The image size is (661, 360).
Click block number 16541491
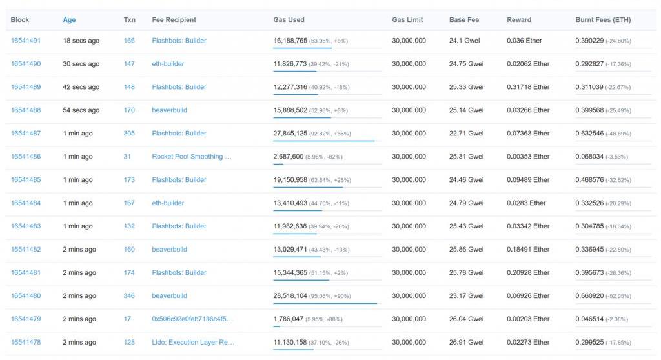pyautogui.click(x=26, y=41)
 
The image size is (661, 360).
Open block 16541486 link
pyautogui.click(x=26, y=157)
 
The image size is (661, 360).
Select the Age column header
pyautogui.click(x=69, y=20)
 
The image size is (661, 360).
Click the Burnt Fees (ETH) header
pyautogui.click(x=603, y=20)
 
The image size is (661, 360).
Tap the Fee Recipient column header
pyautogui.click(x=174, y=20)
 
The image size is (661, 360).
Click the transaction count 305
pyautogui.click(x=129, y=134)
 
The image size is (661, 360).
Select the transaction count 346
pyautogui.click(x=129, y=296)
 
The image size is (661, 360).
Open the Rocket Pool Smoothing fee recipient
pyautogui.click(x=192, y=157)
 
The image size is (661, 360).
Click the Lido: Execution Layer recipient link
pyautogui.click(x=193, y=343)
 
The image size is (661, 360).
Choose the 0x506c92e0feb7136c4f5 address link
pyautogui.click(x=192, y=319)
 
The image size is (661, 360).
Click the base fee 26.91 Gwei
pyautogui.click(x=466, y=343)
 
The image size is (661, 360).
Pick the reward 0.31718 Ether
pyautogui.click(x=528, y=87)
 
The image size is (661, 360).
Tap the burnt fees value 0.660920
pyautogui.click(x=589, y=296)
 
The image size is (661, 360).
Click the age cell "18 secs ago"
pyautogui.click(x=81, y=41)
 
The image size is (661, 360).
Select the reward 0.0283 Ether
pyautogui.click(x=526, y=203)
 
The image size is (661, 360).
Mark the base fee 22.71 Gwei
pyautogui.click(x=466, y=134)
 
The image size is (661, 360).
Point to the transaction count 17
pyautogui.click(x=127, y=319)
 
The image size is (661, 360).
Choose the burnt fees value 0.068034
pyautogui.click(x=589, y=157)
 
